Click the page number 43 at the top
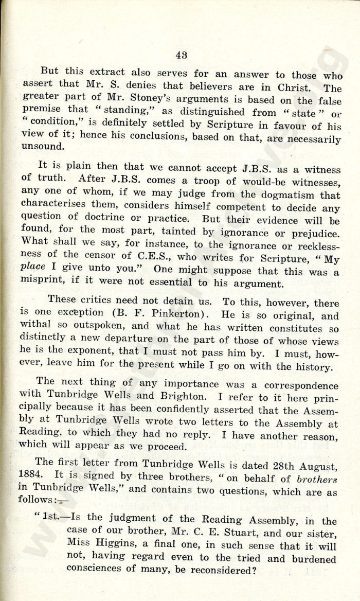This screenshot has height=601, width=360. click(x=181, y=56)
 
